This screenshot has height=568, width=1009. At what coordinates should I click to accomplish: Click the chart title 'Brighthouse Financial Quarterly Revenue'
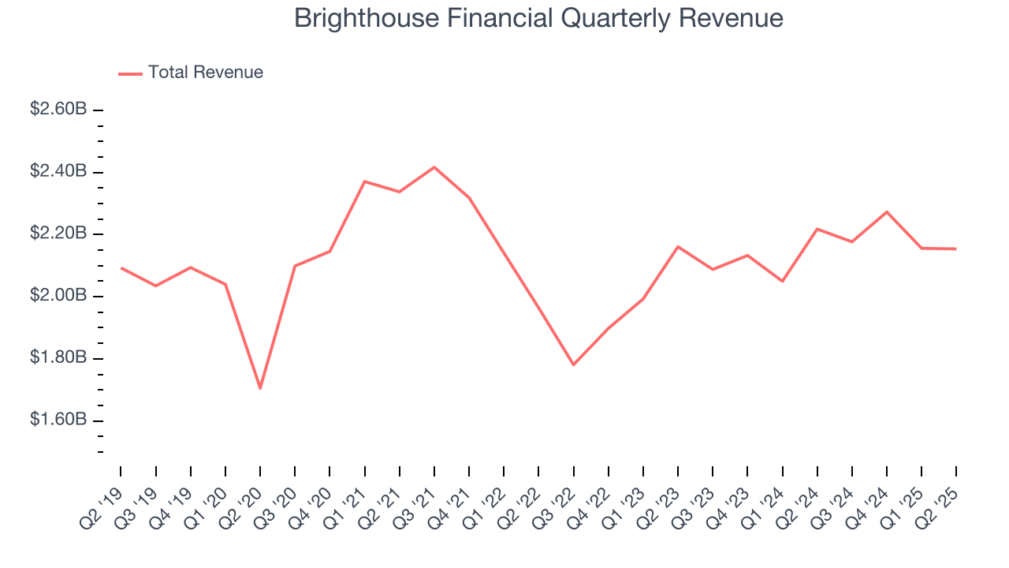(538, 19)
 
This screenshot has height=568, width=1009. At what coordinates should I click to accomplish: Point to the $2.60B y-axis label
(58, 110)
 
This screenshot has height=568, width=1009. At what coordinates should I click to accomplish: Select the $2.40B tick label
(58, 172)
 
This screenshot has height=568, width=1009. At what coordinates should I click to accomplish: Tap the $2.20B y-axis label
(58, 234)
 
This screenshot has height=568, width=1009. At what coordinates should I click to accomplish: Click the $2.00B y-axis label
(58, 296)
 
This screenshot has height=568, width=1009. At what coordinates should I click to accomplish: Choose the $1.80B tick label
(58, 358)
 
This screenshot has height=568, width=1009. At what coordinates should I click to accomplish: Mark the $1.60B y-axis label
(58, 420)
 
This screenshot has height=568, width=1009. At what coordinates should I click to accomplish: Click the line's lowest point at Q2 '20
(260, 388)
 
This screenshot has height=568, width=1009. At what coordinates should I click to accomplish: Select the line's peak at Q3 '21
(434, 167)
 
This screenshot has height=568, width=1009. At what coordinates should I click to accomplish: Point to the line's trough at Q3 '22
(573, 364)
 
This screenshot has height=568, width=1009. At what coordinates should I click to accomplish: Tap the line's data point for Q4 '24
(887, 211)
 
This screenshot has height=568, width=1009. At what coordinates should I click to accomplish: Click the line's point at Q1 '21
(364, 181)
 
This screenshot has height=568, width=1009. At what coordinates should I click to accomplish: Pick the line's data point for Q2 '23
(678, 246)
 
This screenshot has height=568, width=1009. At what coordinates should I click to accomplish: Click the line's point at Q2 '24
(817, 229)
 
